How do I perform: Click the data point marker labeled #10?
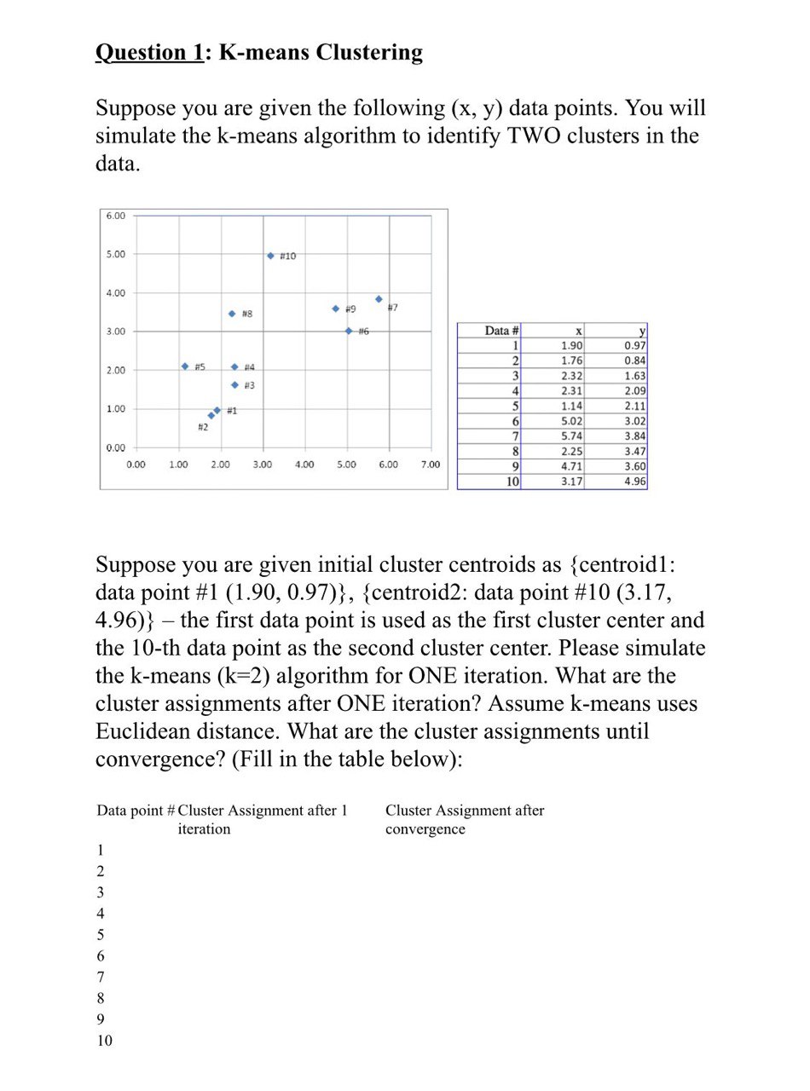[x=270, y=256]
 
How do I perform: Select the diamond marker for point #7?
[x=379, y=299]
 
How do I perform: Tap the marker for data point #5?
[x=185, y=367]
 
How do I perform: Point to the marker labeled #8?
[x=232, y=315]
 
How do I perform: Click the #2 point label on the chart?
[x=202, y=427]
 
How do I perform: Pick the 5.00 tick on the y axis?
[x=115, y=254]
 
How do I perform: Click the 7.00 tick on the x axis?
[x=431, y=465]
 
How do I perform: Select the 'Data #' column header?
[x=501, y=331]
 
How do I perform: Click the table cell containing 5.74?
[x=571, y=436]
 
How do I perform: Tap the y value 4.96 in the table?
[x=634, y=482]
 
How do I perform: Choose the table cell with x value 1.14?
[x=571, y=406]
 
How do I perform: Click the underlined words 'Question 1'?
[x=149, y=53]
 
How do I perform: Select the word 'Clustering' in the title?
[x=368, y=53]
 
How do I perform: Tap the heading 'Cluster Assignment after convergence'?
[x=464, y=819]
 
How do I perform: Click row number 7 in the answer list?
[x=100, y=977]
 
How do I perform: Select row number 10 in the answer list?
[x=104, y=1041]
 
